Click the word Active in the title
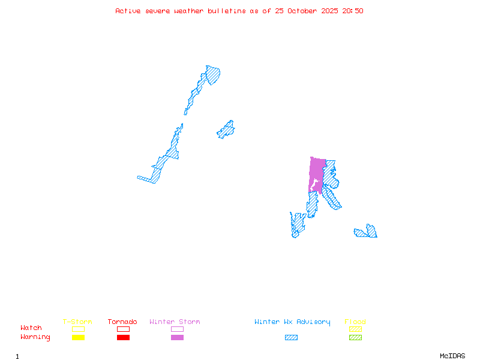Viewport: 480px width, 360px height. (128, 11)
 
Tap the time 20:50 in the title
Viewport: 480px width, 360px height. (353, 11)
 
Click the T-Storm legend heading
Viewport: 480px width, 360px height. (77, 322)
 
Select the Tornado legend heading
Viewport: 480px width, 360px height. (122, 322)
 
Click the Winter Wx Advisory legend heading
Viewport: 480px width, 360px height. (292, 322)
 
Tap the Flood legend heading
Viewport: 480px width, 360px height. (355, 322)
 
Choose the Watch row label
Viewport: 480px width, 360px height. (31, 328)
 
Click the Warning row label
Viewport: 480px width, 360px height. (35, 337)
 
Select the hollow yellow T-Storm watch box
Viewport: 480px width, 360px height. (78, 329)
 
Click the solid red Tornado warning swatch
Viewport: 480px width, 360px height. (123, 337)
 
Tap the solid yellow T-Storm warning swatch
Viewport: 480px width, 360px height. (78, 337)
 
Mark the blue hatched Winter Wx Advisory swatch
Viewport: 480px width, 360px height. (291, 337)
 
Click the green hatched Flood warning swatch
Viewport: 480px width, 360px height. (355, 337)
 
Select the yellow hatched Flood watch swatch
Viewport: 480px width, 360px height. (355, 329)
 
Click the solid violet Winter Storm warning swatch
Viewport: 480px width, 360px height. (177, 337)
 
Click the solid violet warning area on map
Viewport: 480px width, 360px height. (316, 171)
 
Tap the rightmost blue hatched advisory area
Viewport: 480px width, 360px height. (367, 232)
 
